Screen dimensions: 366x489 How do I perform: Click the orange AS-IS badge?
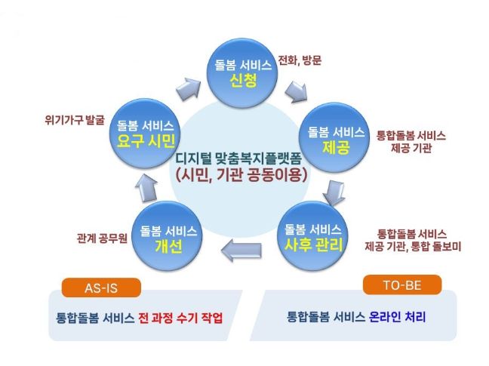click(101, 287)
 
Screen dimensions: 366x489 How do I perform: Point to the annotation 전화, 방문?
click(300, 60)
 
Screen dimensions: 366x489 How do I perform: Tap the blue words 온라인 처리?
click(397, 317)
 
